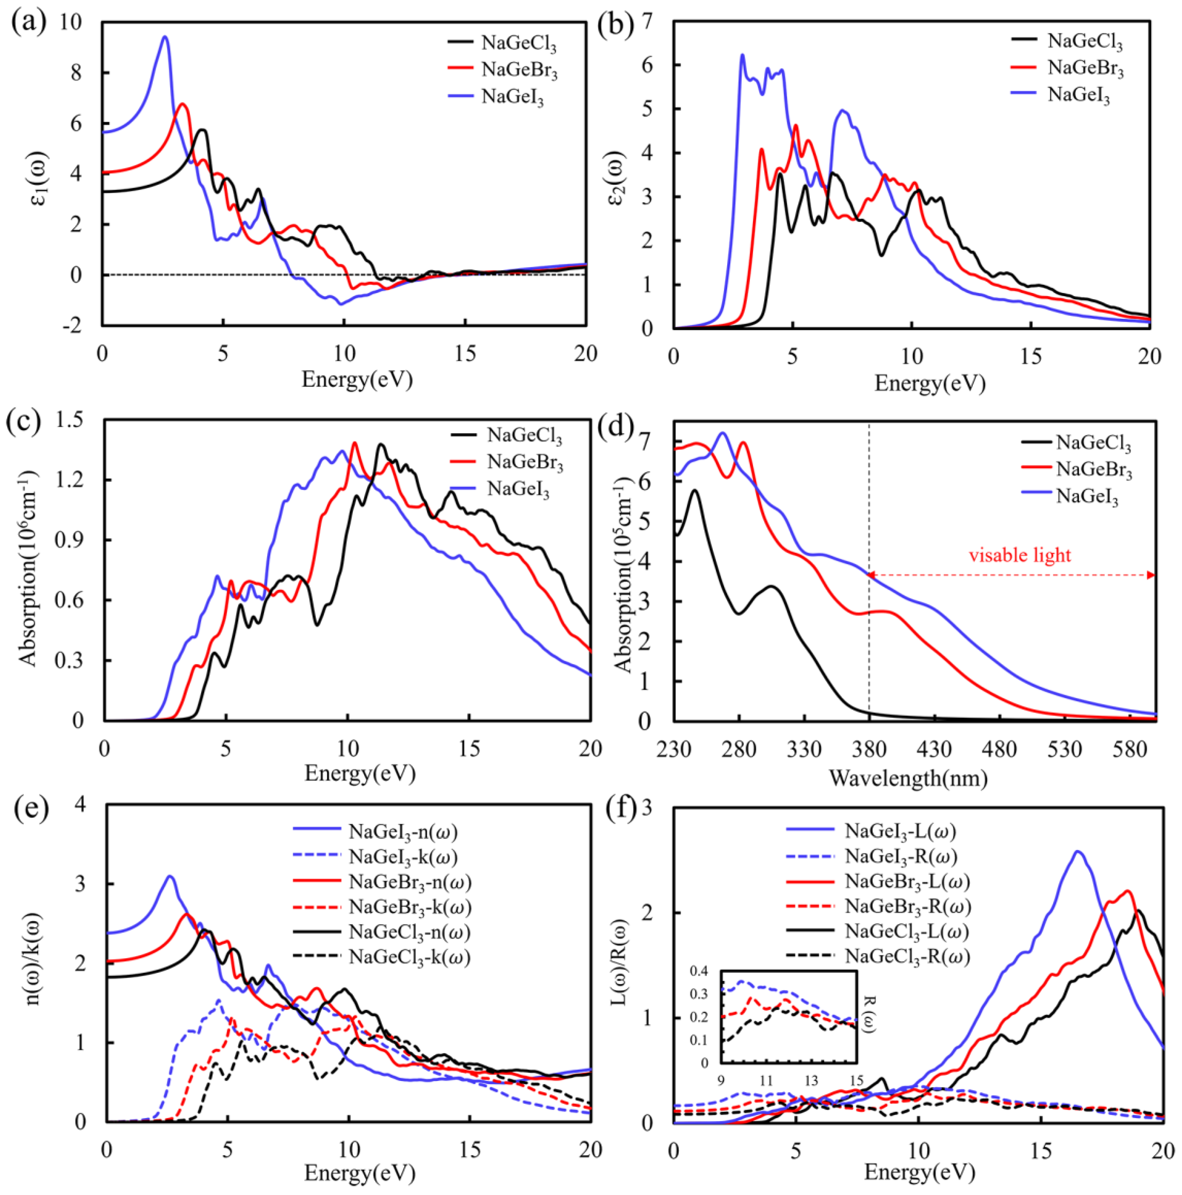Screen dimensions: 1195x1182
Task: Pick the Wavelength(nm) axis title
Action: [908, 778]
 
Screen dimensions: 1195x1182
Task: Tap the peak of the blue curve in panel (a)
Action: [165, 37]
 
